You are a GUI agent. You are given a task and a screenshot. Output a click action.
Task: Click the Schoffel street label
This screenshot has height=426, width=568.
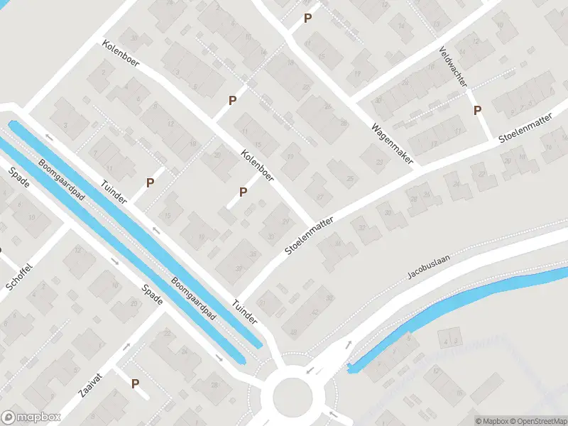point(19,273)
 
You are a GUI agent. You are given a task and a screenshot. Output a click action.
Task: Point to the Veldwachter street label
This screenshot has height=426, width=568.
point(452,67)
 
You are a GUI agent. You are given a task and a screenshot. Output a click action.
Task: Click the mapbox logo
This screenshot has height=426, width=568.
point(31,417)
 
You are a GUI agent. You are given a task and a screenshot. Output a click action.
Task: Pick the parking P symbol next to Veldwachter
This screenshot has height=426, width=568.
point(478,110)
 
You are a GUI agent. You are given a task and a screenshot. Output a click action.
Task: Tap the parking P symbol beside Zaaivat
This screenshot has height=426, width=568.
point(135,383)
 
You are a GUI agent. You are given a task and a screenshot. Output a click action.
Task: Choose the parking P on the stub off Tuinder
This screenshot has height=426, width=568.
point(150,182)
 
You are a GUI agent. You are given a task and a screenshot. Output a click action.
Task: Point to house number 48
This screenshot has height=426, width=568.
point(293,333)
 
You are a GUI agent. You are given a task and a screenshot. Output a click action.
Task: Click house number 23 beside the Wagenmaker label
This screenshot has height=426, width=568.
point(378,161)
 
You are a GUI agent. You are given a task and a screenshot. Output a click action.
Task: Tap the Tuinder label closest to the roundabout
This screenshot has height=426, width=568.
point(244,312)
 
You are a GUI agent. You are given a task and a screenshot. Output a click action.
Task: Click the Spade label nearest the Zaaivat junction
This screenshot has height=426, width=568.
point(153,294)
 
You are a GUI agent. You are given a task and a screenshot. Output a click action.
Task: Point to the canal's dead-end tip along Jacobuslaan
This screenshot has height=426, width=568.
point(350,368)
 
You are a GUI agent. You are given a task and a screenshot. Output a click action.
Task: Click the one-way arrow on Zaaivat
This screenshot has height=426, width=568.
point(126,347)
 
